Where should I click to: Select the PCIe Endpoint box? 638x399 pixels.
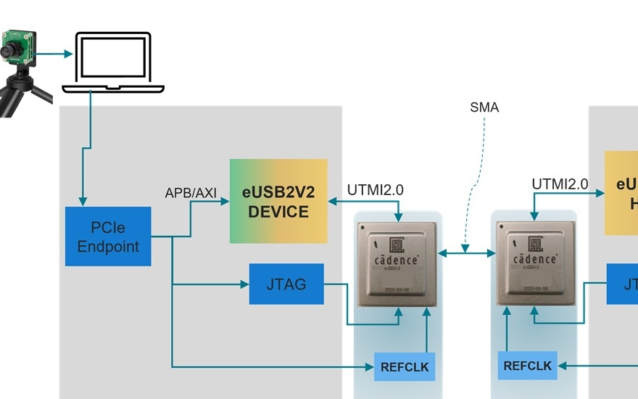point(108,236)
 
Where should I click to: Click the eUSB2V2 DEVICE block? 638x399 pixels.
point(278,201)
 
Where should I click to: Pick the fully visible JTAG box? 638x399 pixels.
point(286,284)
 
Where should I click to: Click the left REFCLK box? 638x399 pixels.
point(405,367)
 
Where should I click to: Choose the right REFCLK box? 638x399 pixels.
point(527,366)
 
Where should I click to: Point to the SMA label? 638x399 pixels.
point(484,107)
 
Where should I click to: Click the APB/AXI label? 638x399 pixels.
point(191,192)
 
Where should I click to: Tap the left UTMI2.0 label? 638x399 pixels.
point(375,190)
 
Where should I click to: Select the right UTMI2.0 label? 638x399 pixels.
point(560,184)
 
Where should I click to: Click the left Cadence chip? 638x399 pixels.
point(398,263)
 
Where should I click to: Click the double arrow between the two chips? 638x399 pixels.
point(466,253)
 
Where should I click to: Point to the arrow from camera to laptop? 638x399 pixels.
point(54,53)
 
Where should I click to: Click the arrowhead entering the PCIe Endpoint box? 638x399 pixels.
point(83,202)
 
